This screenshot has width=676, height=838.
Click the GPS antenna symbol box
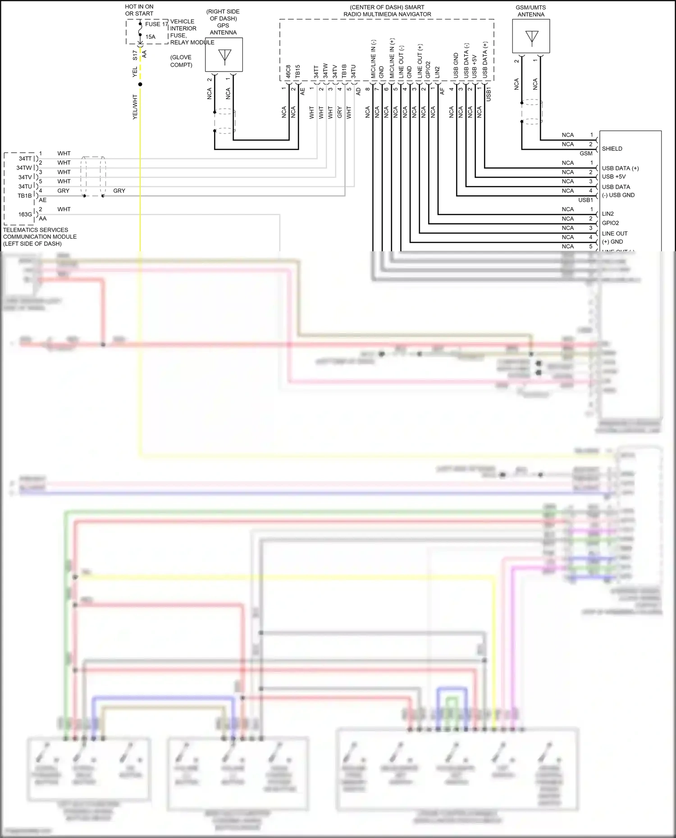224,54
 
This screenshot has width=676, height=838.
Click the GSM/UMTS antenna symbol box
531,36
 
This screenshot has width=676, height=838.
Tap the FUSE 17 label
156,24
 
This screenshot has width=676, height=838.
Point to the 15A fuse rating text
151,37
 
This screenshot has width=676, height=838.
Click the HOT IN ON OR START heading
139,10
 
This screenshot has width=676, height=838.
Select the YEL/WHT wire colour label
135,107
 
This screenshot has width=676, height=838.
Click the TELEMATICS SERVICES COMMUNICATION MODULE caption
40,236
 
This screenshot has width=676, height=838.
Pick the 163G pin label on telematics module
25,214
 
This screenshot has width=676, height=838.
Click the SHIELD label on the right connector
612,149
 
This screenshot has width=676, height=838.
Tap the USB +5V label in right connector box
614,177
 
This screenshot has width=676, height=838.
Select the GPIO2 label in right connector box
610,223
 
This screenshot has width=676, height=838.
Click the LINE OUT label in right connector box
615,233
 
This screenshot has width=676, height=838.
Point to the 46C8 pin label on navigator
288,72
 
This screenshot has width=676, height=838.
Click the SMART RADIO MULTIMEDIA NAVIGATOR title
387,11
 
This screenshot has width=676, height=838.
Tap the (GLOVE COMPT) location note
181,61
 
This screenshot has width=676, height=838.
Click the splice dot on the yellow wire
140,84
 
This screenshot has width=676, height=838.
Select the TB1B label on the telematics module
25,196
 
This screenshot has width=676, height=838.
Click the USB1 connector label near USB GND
585,200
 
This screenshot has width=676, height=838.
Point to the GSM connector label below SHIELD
586,154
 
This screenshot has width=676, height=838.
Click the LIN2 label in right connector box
607,214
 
